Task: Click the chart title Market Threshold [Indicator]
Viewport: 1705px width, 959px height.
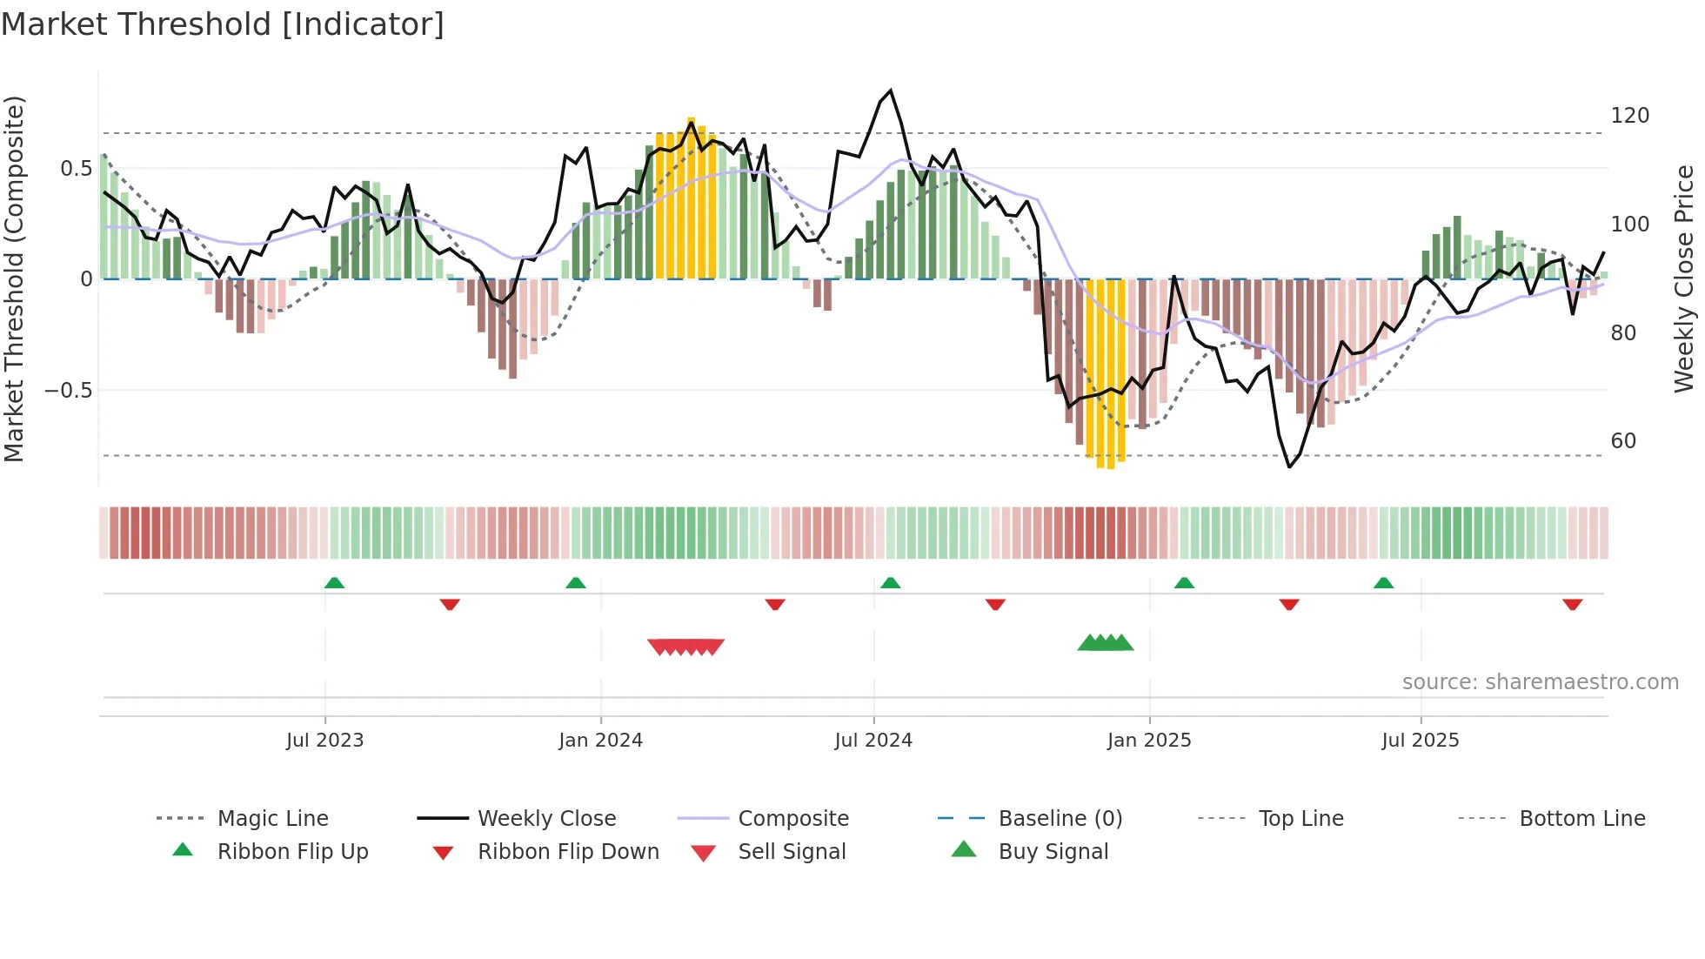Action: click(x=223, y=24)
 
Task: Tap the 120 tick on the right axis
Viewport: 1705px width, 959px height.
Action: click(x=1629, y=116)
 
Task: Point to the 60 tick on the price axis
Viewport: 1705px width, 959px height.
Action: click(x=1622, y=441)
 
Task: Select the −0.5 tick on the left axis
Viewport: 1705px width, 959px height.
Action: click(x=68, y=391)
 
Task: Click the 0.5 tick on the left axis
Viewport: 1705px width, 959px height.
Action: click(x=76, y=169)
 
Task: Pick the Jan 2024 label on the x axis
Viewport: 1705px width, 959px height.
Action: click(x=600, y=741)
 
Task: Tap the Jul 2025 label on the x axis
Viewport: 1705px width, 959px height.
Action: click(x=1420, y=741)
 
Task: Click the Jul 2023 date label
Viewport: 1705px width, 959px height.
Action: click(x=324, y=741)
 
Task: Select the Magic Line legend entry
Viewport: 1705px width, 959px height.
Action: click(x=272, y=819)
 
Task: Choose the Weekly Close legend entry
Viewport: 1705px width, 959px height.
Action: click(x=546, y=819)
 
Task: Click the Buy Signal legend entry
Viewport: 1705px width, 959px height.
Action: click(x=1053, y=852)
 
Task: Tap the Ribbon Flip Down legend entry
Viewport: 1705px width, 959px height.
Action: click(x=568, y=852)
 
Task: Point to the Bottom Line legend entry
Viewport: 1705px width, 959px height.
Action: click(x=1581, y=819)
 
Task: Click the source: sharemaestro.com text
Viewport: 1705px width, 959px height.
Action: click(x=1540, y=682)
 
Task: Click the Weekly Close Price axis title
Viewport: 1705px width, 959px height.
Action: click(x=1684, y=278)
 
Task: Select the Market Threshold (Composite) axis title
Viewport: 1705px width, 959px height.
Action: click(x=14, y=278)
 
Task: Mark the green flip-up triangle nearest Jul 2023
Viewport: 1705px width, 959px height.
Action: click(x=334, y=583)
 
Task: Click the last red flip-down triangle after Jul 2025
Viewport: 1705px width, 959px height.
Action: click(x=1572, y=604)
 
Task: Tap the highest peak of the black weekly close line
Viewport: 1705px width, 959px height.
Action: click(x=890, y=91)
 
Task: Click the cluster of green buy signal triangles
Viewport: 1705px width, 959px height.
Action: click(x=1105, y=643)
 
